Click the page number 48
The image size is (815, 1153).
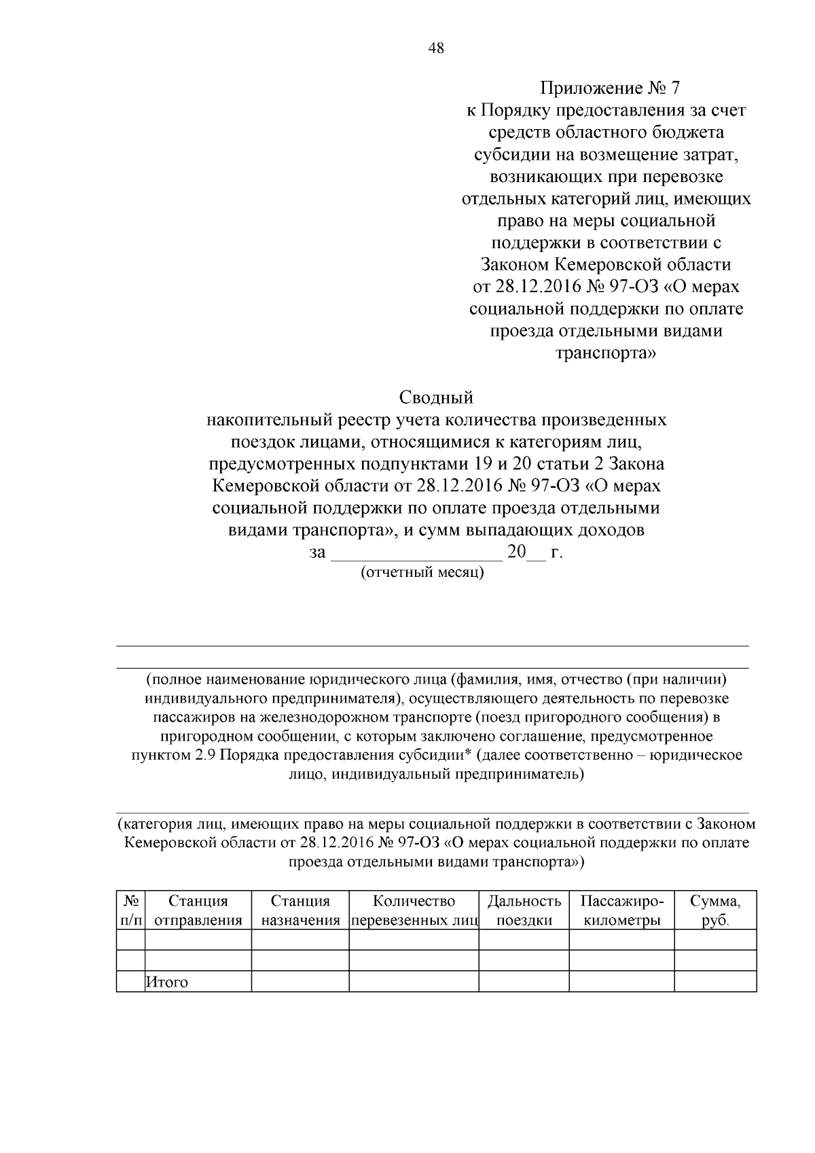click(436, 48)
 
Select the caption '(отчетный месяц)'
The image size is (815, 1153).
click(422, 572)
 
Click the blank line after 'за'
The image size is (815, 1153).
click(416, 554)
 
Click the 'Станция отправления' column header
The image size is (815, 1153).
click(198, 911)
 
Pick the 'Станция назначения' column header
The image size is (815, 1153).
click(300, 911)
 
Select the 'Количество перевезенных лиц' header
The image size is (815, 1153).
click(414, 911)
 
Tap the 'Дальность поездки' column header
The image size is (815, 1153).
click(524, 911)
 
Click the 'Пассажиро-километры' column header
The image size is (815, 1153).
click(621, 911)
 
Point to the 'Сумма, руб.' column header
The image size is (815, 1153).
click(715, 911)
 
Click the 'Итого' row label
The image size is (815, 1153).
click(167, 982)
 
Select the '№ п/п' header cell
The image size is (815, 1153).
click(131, 911)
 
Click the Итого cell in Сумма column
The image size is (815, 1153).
click(715, 982)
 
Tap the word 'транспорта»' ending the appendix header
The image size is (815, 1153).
click(606, 353)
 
